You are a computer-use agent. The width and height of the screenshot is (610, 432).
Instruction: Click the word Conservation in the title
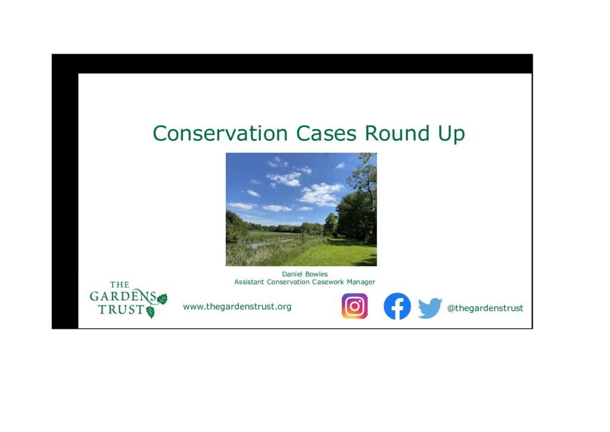(x=220, y=133)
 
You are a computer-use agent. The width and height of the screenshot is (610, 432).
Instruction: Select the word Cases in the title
(x=326, y=133)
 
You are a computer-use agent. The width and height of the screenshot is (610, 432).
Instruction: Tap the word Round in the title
(x=397, y=133)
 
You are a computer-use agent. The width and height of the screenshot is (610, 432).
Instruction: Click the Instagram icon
(x=355, y=306)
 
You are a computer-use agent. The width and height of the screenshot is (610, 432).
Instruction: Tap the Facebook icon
(x=397, y=306)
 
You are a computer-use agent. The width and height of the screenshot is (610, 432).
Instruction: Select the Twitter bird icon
(x=430, y=308)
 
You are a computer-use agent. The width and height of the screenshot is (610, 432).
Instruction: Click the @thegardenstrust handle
(x=485, y=308)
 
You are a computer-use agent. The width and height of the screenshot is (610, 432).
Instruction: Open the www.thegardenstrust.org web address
(x=237, y=307)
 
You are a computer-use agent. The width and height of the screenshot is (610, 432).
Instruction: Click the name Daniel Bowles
(x=305, y=274)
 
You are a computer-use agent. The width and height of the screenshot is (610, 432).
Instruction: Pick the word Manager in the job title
(x=361, y=282)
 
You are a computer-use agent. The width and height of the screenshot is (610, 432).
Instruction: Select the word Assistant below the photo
(x=249, y=282)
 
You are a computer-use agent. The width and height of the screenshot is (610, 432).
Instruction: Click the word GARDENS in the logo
(x=123, y=296)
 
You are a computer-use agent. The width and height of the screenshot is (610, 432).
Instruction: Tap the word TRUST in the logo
(x=122, y=310)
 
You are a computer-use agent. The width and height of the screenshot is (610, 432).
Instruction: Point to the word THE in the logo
(x=119, y=285)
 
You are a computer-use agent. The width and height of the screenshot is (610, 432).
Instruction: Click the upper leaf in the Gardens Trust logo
(x=162, y=299)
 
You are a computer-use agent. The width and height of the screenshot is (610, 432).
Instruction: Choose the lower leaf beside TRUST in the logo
(x=150, y=312)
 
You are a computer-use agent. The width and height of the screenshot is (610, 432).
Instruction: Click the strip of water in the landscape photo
(x=269, y=244)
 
